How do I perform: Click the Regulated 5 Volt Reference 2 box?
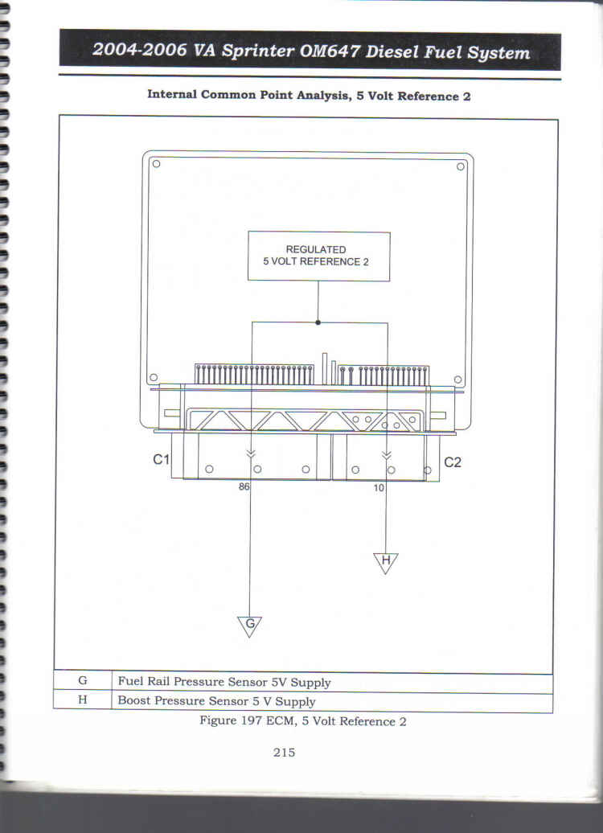318,256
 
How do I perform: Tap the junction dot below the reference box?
318,322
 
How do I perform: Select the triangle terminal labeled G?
250,626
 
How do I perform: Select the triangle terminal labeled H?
386,563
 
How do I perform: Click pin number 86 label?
244,486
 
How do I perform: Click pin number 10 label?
378,488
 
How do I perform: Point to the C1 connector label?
161,460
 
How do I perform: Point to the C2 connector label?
452,462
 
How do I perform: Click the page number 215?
285,753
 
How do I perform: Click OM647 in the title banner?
330,51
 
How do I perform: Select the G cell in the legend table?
82,680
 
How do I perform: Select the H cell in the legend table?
82,700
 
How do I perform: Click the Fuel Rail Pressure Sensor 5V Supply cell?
332,682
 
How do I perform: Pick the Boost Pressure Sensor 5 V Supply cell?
332,702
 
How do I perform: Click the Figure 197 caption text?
303,721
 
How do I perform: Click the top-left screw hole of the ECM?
156,164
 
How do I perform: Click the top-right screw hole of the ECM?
460,166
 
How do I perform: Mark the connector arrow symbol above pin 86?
251,453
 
